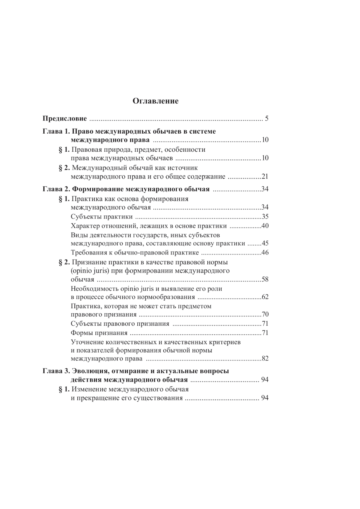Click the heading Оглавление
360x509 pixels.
tap(155, 101)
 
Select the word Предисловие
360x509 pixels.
tap(65, 119)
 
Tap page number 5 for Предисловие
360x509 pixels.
tap(267, 119)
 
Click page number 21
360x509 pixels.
tap(265, 177)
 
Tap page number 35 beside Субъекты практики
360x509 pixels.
tap(265, 217)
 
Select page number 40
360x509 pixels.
tap(265, 226)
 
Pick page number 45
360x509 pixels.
tap(265, 243)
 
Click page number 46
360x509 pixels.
tap(265, 253)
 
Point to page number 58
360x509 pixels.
tap(265, 279)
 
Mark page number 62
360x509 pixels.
tap(265, 297)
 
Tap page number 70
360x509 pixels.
tap(265, 315)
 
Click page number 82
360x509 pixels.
tap(265, 359)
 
